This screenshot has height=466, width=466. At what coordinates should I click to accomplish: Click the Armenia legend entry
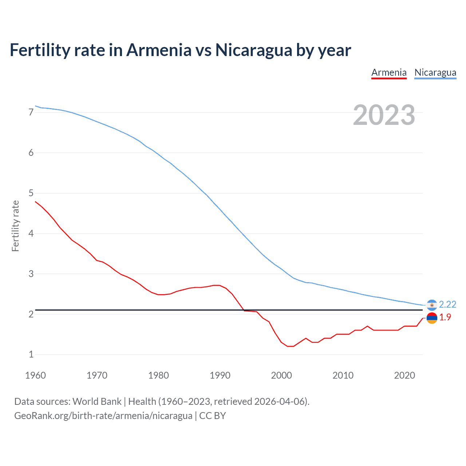[389, 72]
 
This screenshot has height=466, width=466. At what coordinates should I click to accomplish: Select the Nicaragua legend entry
[435, 72]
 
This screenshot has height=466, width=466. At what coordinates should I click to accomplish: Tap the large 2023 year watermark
[384, 115]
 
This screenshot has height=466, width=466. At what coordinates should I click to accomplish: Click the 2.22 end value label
[447, 304]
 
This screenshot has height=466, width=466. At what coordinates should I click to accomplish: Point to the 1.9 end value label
[445, 317]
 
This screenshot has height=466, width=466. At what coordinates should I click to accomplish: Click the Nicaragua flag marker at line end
[432, 305]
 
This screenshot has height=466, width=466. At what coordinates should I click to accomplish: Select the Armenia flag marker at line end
[432, 318]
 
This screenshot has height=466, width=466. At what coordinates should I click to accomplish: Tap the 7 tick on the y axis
[31, 112]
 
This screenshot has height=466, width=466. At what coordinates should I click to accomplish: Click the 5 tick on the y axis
[31, 193]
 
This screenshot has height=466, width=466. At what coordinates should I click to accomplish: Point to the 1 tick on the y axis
[31, 354]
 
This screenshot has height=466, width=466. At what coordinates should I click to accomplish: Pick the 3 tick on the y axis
[31, 274]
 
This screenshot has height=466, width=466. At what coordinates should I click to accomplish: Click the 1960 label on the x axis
[35, 375]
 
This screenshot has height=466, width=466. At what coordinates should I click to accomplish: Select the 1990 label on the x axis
[220, 375]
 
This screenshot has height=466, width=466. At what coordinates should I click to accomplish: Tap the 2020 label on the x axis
[404, 375]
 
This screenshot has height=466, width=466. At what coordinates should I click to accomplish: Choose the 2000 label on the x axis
[281, 375]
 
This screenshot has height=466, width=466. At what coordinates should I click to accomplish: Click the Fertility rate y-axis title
[15, 226]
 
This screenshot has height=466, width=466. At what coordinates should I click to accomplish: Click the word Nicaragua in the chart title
[254, 50]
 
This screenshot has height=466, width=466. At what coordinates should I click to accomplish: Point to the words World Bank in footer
[97, 402]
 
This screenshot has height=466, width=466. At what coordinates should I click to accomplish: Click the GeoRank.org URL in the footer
[103, 416]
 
